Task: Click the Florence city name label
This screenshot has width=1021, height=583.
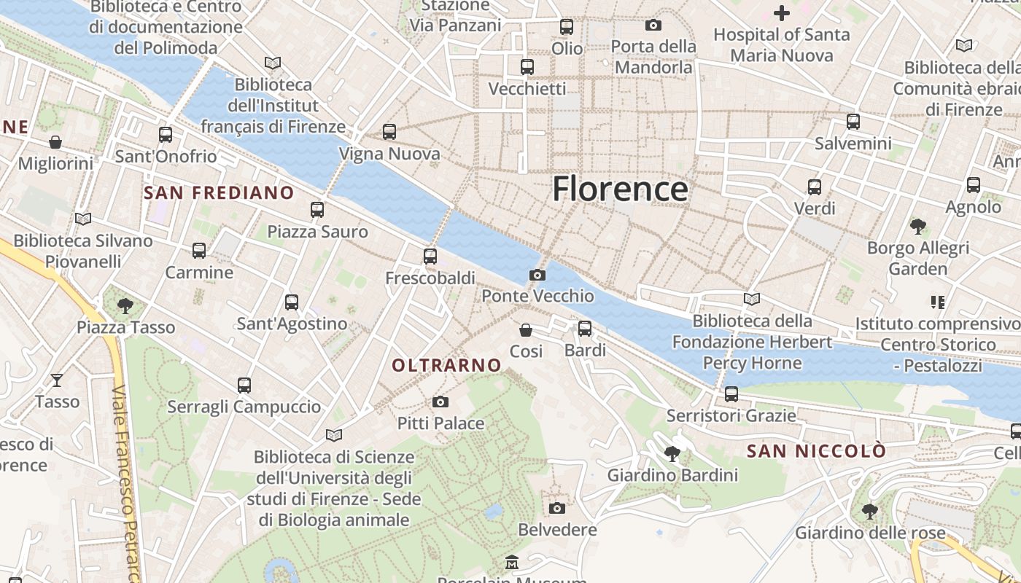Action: [620, 189]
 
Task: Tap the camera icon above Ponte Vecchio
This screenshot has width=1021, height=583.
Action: [537, 275]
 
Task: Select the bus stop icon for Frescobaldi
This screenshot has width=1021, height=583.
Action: [430, 256]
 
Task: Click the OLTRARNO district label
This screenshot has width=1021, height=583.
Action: [447, 365]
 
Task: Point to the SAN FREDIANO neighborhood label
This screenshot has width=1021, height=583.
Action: [219, 193]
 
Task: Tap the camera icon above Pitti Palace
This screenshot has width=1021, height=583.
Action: [440, 402]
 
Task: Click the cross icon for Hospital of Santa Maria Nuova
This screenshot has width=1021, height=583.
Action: [782, 13]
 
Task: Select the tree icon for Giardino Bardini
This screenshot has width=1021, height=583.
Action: [672, 455]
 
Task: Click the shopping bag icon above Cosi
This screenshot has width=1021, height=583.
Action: [525, 330]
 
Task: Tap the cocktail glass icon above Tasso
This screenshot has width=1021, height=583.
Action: [57, 380]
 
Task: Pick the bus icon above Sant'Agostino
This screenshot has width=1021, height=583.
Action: [292, 302]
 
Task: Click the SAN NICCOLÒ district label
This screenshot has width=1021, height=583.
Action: [817, 451]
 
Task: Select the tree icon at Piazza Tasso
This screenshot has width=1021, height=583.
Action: [125, 305]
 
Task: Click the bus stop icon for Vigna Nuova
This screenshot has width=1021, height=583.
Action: [389, 132]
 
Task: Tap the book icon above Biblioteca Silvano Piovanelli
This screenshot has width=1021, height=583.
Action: [83, 219]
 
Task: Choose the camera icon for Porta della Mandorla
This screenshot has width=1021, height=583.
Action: [653, 25]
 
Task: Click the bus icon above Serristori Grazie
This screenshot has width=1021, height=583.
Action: [731, 394]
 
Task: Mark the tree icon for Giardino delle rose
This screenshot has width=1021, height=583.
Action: [869, 511]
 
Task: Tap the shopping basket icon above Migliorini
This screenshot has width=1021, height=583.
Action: [55, 141]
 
